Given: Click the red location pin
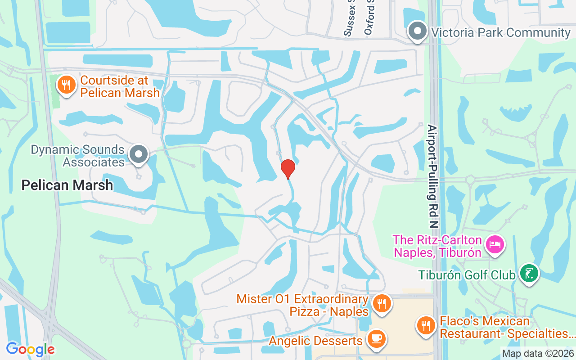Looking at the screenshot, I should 288,169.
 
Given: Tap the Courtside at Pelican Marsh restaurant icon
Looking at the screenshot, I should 67,84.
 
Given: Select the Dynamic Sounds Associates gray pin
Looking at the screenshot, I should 139,154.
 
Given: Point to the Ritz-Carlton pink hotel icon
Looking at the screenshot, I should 495,245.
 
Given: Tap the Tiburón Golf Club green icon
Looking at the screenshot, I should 529,273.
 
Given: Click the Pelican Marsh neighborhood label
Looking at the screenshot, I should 67,185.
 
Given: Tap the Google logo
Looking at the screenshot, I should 30,349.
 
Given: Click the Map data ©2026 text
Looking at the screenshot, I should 538,353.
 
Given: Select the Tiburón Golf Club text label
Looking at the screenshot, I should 466,274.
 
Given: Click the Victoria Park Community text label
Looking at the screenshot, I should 501,32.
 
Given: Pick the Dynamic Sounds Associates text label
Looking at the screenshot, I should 77,156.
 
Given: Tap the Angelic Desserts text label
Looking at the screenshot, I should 315,341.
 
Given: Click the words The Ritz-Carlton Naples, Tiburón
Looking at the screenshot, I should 437,246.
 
